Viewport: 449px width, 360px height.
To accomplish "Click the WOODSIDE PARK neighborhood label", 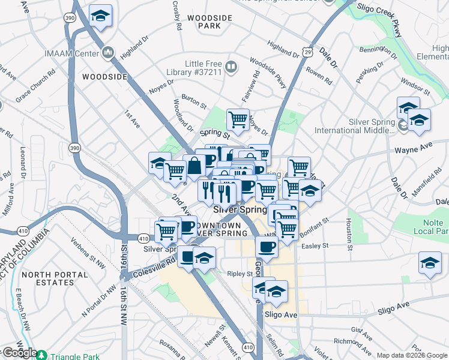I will click(x=209, y=22).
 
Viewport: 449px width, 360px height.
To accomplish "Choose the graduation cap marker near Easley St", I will click(x=430, y=263).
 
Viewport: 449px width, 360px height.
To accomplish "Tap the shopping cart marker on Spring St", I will click(x=238, y=119).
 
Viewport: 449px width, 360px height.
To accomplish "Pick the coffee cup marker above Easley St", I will click(x=267, y=245).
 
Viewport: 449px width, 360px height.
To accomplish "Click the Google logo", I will click(x=19, y=353).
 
